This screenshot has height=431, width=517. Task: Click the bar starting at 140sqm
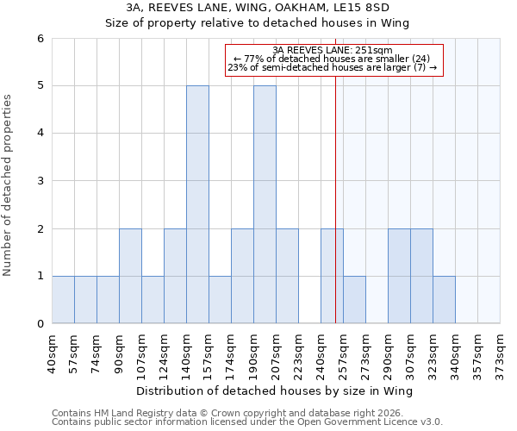(197, 204)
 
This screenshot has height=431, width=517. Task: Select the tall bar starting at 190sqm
(265, 204)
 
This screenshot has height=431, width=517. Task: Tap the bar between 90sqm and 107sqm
(130, 276)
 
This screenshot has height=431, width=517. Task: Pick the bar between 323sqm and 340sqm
(444, 300)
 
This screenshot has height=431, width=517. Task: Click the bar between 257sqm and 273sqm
(354, 300)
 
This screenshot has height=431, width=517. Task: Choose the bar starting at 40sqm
(63, 300)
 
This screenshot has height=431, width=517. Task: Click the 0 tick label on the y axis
(40, 324)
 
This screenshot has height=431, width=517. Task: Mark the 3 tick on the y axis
(40, 181)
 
